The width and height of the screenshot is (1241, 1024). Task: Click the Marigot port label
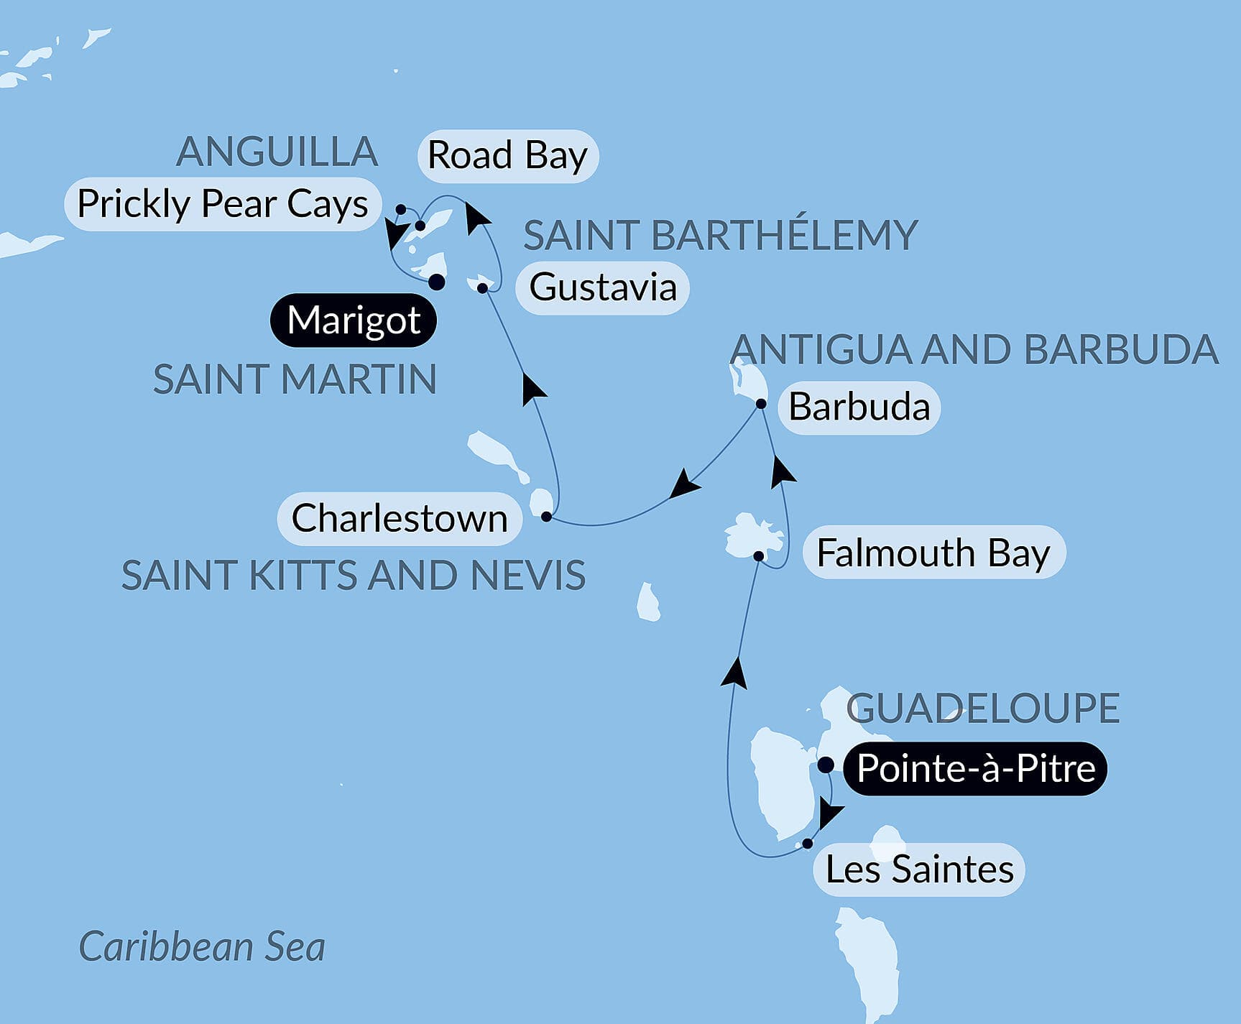[x=354, y=320]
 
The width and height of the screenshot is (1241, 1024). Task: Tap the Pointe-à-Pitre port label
[x=975, y=768]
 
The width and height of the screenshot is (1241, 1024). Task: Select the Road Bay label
[x=507, y=156]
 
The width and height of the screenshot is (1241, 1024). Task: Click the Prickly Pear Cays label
[x=223, y=204]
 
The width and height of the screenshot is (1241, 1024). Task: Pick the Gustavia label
[x=602, y=287]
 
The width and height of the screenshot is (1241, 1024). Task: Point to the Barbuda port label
[x=859, y=407]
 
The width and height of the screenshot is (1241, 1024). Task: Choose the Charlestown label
[x=400, y=518]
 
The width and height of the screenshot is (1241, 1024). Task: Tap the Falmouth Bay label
[x=933, y=553]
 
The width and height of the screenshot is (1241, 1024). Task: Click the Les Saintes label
[x=919, y=870]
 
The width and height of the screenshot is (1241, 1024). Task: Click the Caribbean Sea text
[x=202, y=946]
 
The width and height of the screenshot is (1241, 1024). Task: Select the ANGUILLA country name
[x=277, y=152]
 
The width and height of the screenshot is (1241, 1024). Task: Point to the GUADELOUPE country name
[x=982, y=709]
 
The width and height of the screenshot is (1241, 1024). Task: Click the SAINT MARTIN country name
[x=295, y=379]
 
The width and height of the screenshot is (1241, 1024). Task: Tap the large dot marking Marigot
[x=436, y=282]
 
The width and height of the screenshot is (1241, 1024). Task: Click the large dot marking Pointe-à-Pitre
[x=826, y=765]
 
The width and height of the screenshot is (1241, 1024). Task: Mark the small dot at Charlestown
[x=546, y=517]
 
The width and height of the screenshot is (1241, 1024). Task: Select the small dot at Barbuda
[x=761, y=405]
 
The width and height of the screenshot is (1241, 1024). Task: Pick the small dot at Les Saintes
[x=808, y=844]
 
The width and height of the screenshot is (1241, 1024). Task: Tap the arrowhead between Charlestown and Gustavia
[x=532, y=387]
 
